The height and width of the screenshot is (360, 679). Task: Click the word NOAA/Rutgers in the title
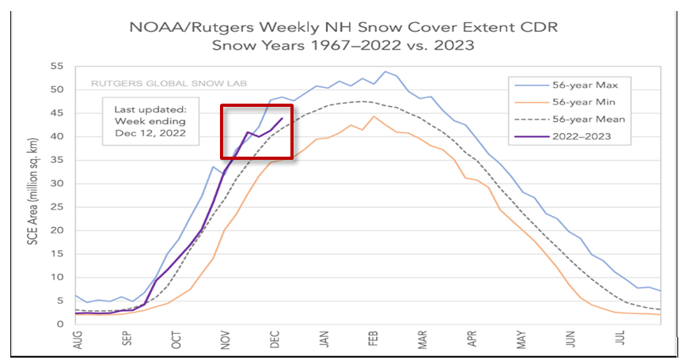171,27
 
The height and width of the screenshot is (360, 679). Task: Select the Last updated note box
150,121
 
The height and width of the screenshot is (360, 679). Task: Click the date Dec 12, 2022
150,133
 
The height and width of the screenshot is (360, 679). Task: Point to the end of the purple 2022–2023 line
282,119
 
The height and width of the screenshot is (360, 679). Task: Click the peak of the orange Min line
374,116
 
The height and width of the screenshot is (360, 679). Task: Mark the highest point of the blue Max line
385,71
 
